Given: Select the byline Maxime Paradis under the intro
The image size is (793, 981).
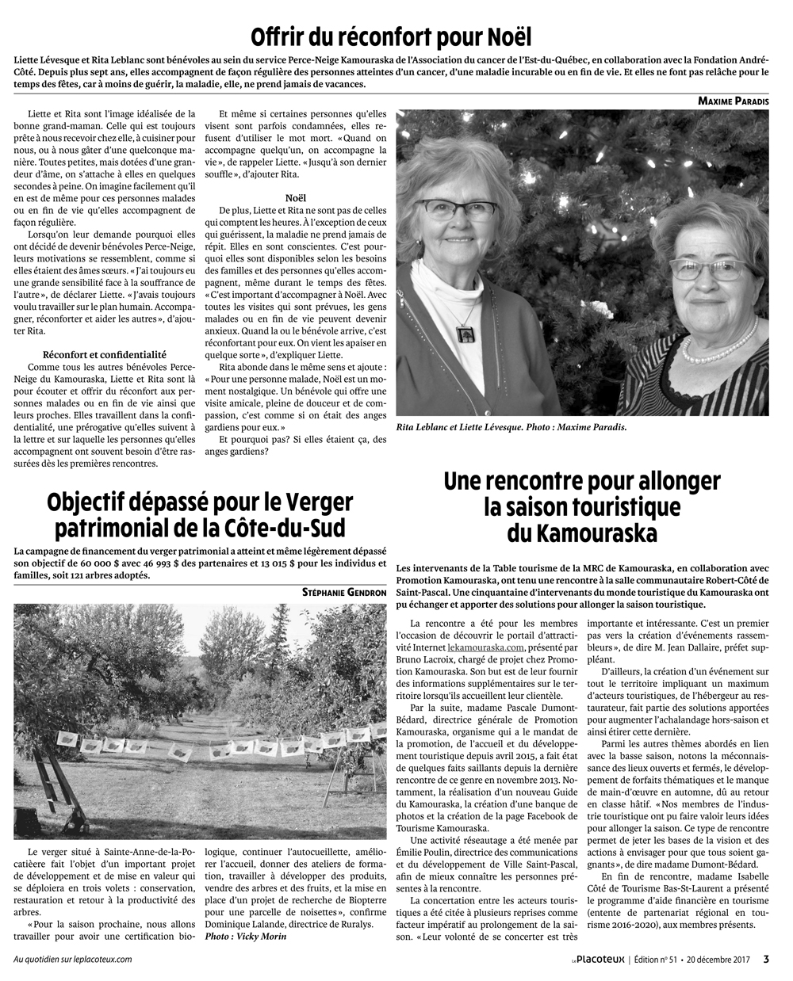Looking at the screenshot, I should (733, 101).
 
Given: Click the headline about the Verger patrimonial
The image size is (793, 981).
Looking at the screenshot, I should (199, 514).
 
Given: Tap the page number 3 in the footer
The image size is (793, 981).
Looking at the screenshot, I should (766, 959).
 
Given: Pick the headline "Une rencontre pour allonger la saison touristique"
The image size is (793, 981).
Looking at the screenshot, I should (582, 494).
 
